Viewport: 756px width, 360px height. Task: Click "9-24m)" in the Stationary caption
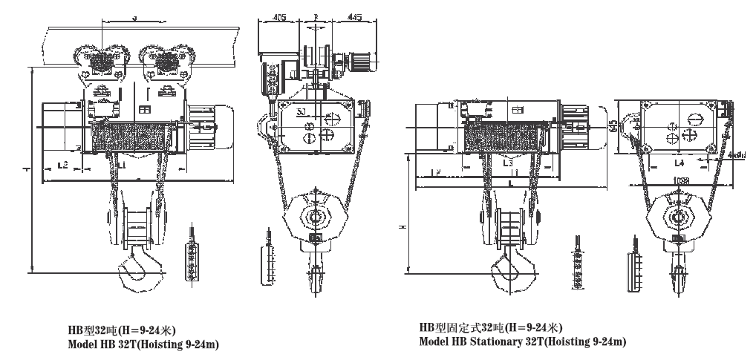tap(607, 341)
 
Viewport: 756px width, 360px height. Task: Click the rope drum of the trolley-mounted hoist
tap(130, 137)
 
